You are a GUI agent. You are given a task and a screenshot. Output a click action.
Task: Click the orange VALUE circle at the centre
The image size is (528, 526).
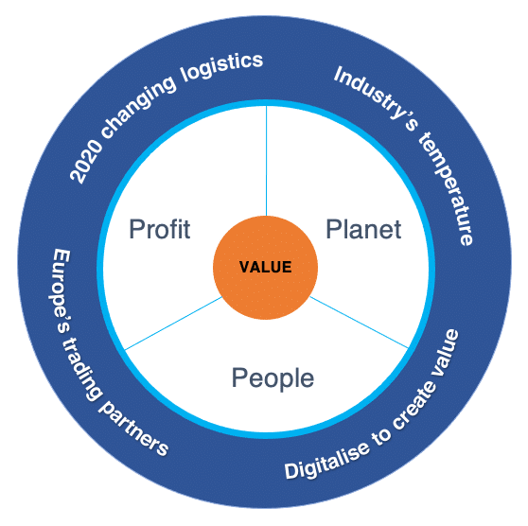(x=265, y=268)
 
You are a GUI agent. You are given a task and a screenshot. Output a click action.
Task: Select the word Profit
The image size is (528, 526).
(x=160, y=229)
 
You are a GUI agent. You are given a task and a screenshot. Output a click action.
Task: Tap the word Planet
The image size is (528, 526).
(x=363, y=229)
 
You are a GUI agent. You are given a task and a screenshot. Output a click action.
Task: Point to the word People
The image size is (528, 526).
(x=273, y=378)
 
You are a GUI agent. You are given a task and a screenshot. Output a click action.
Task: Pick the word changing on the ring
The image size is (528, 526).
(x=137, y=105)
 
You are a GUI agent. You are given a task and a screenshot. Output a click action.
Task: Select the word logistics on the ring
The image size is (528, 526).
(x=221, y=66)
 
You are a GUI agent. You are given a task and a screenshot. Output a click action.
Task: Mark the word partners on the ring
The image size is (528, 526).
(x=133, y=429)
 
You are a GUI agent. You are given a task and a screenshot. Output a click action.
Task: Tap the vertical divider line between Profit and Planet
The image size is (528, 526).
(x=266, y=161)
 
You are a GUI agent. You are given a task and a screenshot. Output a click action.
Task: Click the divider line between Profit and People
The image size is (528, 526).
(x=173, y=324)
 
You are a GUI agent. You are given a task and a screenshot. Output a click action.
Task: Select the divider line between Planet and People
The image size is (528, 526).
(x=359, y=323)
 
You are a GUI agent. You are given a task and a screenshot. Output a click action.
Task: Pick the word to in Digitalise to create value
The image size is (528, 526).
(x=381, y=436)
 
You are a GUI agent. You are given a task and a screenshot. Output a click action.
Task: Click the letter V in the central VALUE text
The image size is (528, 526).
(x=243, y=267)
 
